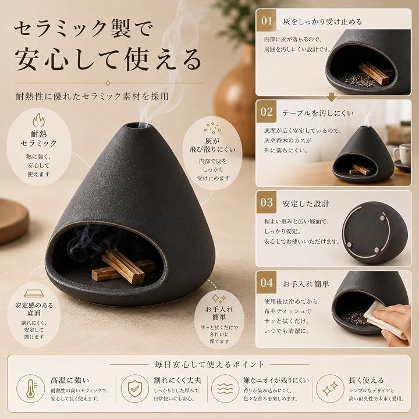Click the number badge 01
coord(266,20)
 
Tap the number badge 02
coord(266,112)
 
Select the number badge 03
coord(266,203)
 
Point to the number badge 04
coord(266,282)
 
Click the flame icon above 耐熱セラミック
coord(39,120)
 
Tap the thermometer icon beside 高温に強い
coord(31,388)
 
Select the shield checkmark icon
coord(134,388)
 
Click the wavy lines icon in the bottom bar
coord(225,388)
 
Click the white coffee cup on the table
coord(402,154)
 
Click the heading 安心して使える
coord(108,59)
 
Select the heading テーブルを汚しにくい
coord(318,113)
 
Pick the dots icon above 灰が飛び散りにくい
coord(212,128)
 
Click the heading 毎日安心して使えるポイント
coord(210,364)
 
